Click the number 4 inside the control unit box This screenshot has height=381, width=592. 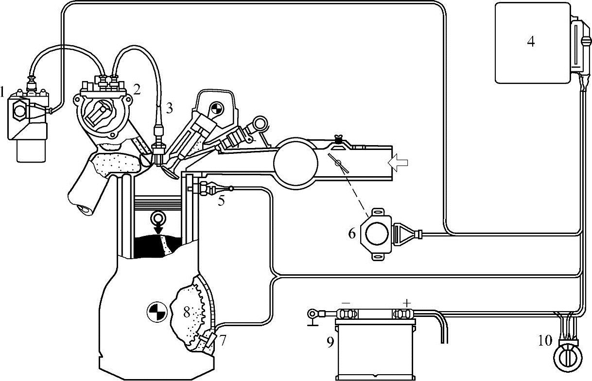[x=531, y=42]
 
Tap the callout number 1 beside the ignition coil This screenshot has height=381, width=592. [x=3, y=91]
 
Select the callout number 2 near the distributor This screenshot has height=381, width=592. [x=137, y=89]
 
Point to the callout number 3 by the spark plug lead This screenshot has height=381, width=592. [x=169, y=108]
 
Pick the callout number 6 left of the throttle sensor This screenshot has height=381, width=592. [x=352, y=233]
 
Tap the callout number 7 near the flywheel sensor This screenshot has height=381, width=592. [x=223, y=340]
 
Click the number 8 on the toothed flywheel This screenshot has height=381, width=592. [x=187, y=312]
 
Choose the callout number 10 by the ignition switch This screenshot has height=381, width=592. [x=545, y=340]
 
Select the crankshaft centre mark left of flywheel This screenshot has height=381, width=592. [x=157, y=311]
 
